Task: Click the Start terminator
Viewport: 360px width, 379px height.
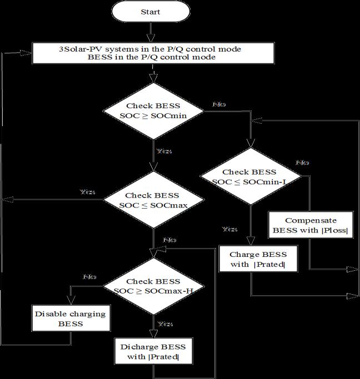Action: coord(151,11)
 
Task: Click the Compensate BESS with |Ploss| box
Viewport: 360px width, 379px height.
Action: coord(311,225)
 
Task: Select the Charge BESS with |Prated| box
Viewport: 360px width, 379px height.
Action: coord(258,259)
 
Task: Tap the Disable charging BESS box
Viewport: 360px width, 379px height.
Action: coord(70,319)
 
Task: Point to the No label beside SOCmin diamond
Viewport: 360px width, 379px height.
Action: coord(218,104)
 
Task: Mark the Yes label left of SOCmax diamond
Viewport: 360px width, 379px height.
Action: coord(87,192)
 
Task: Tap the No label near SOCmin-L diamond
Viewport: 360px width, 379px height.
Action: coord(302,163)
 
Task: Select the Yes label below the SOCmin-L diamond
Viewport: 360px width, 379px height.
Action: coord(229,229)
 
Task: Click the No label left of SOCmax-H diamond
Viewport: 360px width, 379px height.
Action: coord(89,276)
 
